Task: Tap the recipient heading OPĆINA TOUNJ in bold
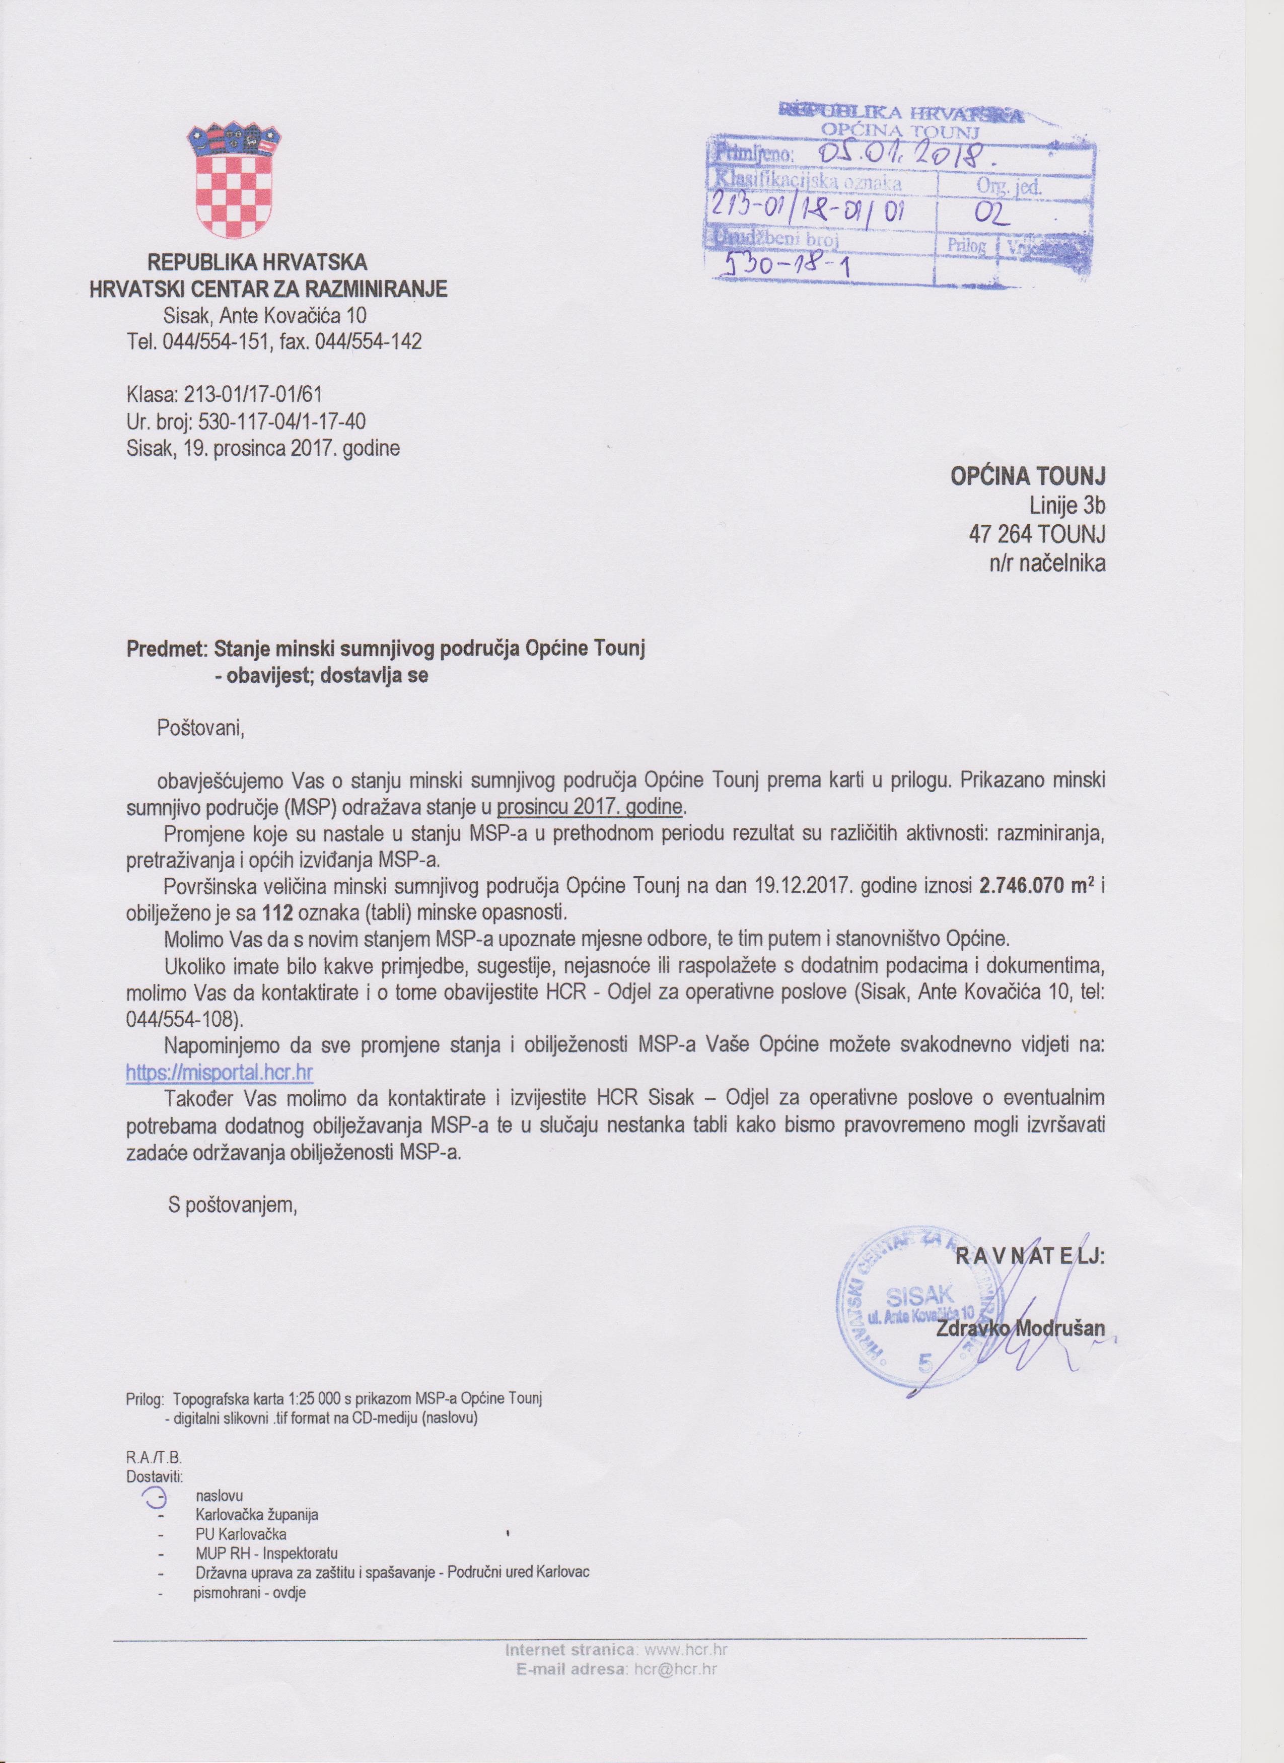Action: pos(1028,476)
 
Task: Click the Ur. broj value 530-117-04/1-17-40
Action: pos(282,421)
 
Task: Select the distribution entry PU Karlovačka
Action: pos(241,1534)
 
